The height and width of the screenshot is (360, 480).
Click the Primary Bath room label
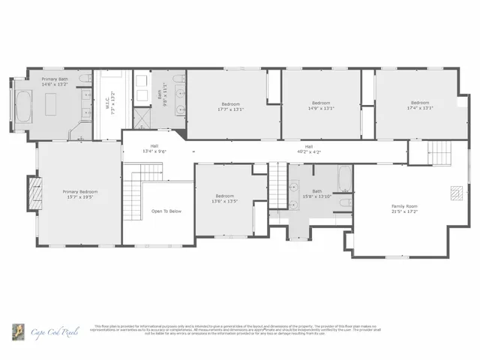55,79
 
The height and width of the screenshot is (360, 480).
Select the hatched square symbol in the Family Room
455,193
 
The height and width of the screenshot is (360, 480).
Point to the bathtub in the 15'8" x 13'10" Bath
343,178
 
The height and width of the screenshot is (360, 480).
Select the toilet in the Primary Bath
85,79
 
